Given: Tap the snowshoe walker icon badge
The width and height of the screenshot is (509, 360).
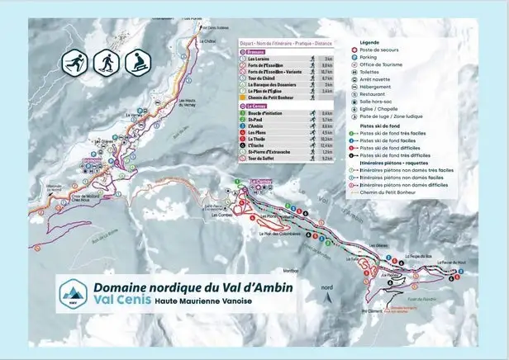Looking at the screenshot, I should (106, 62).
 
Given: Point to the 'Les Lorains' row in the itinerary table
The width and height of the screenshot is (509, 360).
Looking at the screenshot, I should (259, 59).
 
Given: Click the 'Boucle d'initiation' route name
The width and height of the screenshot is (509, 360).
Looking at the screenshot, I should (265, 113).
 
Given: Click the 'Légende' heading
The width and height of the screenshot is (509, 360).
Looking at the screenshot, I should (370, 41).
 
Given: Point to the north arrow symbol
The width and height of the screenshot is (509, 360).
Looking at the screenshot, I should (328, 291).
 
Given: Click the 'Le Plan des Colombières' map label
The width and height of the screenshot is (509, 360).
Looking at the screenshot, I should (278, 233).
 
